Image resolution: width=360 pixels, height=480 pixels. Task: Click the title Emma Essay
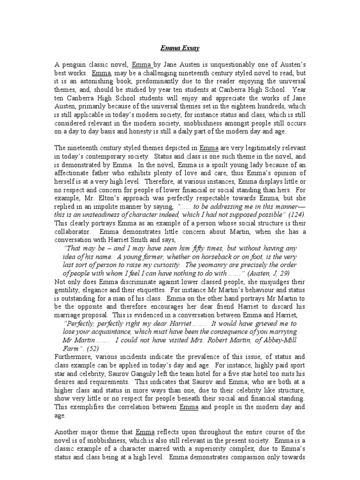coord(180,48)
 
